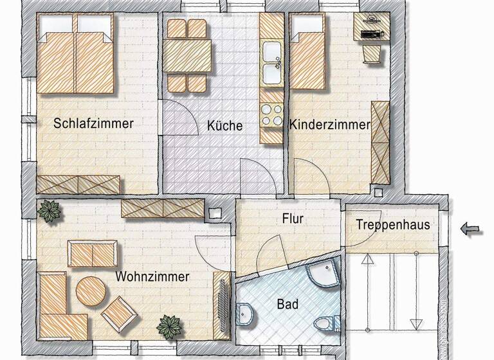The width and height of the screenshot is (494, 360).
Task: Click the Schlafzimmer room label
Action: [93, 123]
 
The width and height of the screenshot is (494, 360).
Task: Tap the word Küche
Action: [224, 125]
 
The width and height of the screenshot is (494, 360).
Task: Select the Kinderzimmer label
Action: [329, 125]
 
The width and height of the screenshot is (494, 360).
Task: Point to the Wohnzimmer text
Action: [152, 276]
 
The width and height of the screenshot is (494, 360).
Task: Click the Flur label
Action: [292, 219]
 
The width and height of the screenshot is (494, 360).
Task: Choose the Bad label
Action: [288, 304]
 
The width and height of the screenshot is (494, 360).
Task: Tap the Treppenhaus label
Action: [392, 226]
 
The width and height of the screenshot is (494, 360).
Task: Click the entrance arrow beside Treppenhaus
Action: [471, 228]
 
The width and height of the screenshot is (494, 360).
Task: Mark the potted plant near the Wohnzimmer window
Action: [49, 211]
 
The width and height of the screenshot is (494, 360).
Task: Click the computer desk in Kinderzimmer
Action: [369, 29]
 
